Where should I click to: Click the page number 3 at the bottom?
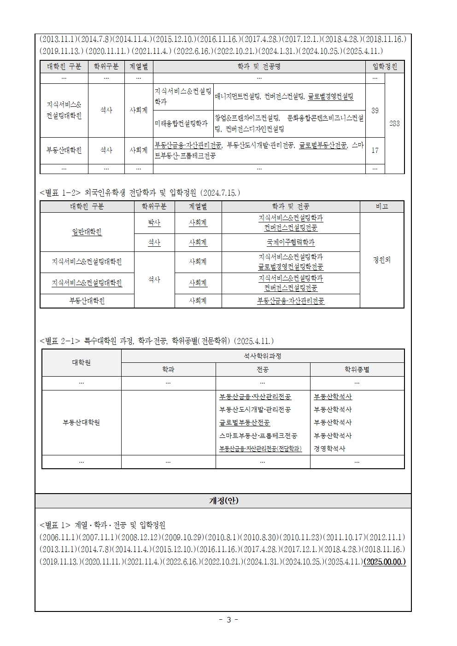228,619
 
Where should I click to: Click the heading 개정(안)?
224,501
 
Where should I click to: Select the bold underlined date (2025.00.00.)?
385,562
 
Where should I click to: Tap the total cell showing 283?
394,123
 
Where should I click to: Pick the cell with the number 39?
375,111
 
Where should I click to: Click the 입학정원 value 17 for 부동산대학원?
375,151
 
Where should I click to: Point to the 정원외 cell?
381,260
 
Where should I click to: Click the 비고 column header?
381,207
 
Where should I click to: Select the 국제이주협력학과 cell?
291,242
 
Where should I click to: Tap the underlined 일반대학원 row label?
87,232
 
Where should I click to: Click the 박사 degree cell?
154,223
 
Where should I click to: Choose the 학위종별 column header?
357,369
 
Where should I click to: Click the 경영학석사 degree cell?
329,448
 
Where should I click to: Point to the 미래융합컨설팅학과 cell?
181,123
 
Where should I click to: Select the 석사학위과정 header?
263,356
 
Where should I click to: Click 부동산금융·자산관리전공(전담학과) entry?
261,448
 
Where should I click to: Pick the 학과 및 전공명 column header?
259,67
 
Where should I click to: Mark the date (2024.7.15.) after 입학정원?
220,192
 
